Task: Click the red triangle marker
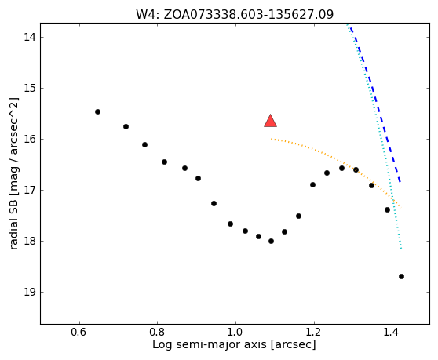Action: coord(270,121)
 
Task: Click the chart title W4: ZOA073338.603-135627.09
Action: coord(235,14)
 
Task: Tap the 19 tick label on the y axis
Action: coord(30,293)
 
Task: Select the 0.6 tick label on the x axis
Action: coord(79,333)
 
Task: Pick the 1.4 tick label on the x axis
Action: coord(392,333)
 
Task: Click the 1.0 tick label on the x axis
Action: coord(236,333)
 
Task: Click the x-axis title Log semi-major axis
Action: coord(210,344)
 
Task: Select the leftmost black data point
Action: coord(97,111)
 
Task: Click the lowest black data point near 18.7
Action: coord(401,277)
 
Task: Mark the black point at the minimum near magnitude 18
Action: coord(271,241)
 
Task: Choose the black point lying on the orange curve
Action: coord(356,169)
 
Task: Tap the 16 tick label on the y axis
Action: coord(30,139)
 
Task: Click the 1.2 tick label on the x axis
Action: coord(314,333)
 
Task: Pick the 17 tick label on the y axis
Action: coord(30,190)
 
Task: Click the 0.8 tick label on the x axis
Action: coord(158,333)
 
